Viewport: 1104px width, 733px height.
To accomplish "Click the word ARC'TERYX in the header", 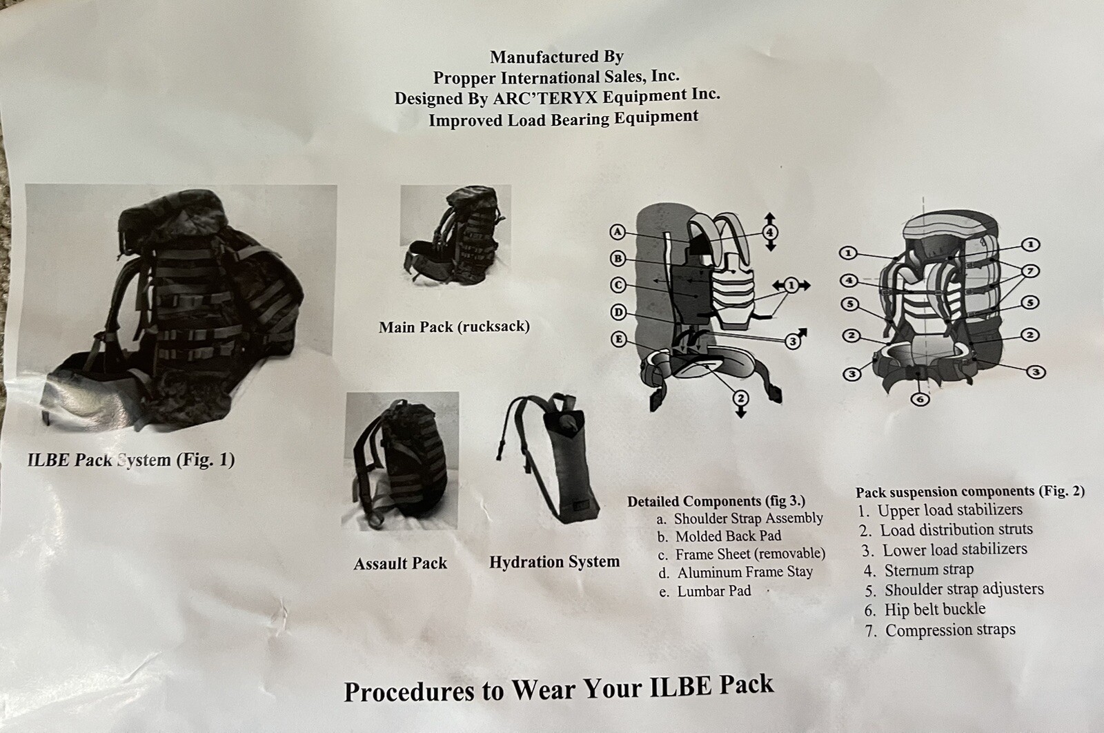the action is pyautogui.click(x=545, y=98).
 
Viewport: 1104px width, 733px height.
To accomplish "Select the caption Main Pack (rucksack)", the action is pyautogui.click(x=454, y=327).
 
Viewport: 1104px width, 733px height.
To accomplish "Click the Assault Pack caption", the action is pyautogui.click(x=400, y=563).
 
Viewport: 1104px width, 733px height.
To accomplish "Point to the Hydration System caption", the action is pyautogui.click(x=554, y=562).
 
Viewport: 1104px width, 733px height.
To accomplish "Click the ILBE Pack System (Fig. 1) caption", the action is pyautogui.click(x=131, y=460).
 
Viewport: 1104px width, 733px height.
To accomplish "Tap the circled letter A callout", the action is pyautogui.click(x=618, y=232).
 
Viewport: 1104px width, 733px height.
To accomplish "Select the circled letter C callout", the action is pyautogui.click(x=618, y=286).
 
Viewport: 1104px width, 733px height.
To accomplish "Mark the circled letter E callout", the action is pyautogui.click(x=619, y=339).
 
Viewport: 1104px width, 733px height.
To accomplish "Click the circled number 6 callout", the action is pyautogui.click(x=920, y=398).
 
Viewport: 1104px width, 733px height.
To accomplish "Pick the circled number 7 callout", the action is pyautogui.click(x=1031, y=271).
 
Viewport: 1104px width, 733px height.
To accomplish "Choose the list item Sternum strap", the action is pyautogui.click(x=918, y=570).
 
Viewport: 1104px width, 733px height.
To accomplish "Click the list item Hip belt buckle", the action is pyautogui.click(x=925, y=609).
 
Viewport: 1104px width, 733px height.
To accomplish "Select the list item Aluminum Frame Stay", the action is pyautogui.click(x=736, y=572).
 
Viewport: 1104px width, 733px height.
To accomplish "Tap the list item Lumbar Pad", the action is pyautogui.click(x=705, y=591).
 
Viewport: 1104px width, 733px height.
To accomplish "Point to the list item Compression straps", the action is pyautogui.click(x=940, y=630).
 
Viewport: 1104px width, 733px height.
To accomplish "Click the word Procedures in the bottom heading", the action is pyautogui.click(x=409, y=692).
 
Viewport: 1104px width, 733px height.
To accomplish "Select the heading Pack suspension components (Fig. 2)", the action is pyautogui.click(x=970, y=492).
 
